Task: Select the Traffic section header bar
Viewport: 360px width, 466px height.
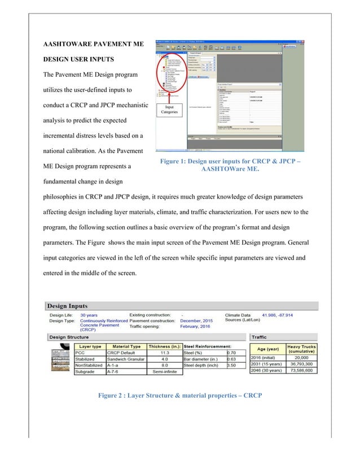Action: [282, 336]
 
